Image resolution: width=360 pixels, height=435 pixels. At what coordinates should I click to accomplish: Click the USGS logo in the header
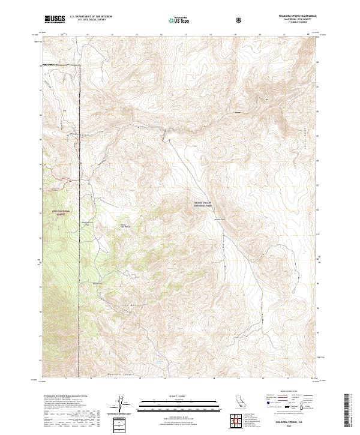54,20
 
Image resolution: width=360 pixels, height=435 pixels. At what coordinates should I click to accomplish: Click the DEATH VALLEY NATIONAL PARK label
206,204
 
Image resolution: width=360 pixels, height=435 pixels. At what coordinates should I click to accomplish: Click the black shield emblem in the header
240,20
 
